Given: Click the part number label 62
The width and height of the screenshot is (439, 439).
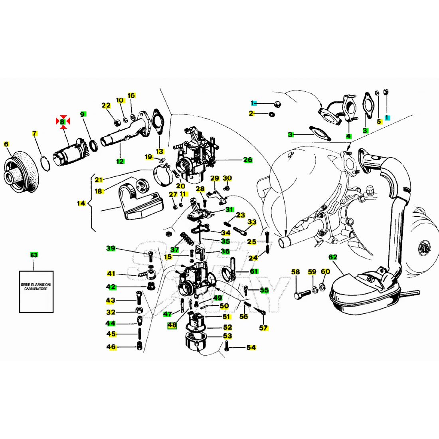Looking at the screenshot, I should tap(333, 257).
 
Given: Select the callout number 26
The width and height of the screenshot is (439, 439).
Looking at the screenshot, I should tap(248, 160).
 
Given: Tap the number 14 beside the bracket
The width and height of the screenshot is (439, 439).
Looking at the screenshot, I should tap(81, 204).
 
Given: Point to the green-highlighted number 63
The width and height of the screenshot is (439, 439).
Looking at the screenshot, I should tap(34, 255).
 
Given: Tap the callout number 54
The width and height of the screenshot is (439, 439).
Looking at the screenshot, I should tap(251, 348).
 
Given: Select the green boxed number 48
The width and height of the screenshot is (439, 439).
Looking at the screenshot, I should tap(172, 325).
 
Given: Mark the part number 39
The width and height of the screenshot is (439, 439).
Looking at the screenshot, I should tap(111, 249).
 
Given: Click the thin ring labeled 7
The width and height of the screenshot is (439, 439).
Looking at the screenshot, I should tap(45, 163).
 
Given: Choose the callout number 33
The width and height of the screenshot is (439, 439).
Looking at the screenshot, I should tap(252, 222).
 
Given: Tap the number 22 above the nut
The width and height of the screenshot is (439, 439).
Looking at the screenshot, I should tap(106, 106).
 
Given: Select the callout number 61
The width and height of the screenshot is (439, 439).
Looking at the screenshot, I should tap(254, 271).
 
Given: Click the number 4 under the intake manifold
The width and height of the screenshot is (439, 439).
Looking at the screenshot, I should tap(348, 136).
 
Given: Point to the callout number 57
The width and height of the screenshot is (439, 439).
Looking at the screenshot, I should tap(263, 328).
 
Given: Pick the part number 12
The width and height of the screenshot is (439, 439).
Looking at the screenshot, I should tap(120, 161).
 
